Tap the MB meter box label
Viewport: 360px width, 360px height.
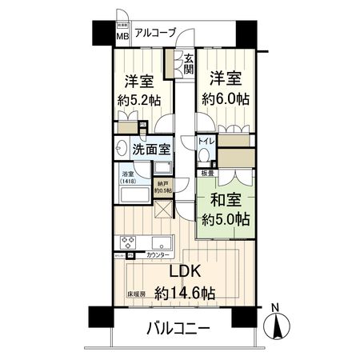[x=123, y=36]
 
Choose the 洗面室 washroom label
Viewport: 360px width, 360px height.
[x=150, y=149]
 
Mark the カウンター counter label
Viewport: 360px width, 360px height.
[x=158, y=255]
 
